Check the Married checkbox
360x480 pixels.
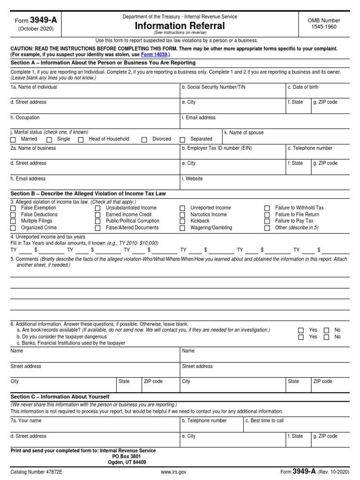[13, 140]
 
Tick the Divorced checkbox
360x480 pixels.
[144, 140]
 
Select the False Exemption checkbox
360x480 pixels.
[13, 208]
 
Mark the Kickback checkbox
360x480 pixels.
[182, 221]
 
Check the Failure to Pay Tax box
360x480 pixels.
[267, 221]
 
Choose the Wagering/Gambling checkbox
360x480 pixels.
[182, 228]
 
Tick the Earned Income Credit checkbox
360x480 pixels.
[97, 215]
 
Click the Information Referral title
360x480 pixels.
[180, 26]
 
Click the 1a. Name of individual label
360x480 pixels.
[34, 87]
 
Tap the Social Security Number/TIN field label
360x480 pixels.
[213, 87]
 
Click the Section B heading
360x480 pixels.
[88, 194]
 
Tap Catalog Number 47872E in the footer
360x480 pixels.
[36, 472]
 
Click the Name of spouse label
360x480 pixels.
[244, 133]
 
